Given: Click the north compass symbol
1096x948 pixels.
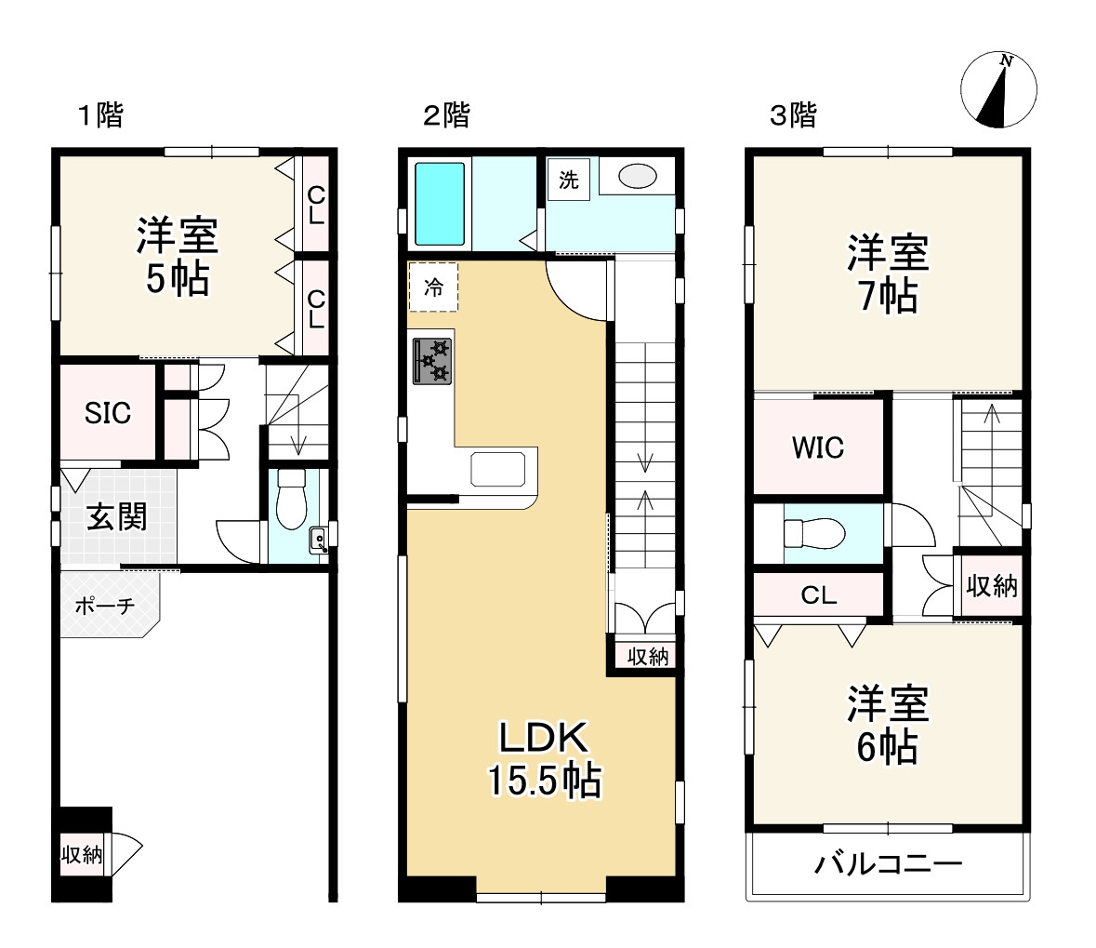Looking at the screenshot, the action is (x=998, y=89).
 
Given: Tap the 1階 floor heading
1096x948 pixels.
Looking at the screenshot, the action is (x=100, y=114).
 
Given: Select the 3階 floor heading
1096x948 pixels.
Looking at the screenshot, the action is (x=793, y=114).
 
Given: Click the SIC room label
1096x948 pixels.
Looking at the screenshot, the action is (x=108, y=413).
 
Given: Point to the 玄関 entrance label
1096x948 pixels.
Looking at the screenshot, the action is (x=117, y=518).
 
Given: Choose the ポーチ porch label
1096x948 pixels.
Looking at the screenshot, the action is (x=104, y=606).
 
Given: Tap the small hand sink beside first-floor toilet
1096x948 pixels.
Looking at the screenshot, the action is (x=318, y=541).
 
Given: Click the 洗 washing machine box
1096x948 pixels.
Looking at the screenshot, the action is (x=568, y=180).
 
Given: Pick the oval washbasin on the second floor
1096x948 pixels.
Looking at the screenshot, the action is (x=637, y=176).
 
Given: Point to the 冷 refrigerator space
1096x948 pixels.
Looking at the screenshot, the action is (x=433, y=287).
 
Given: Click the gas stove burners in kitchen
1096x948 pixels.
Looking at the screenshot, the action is (x=432, y=361).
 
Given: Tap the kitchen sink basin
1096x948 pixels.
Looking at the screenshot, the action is (x=497, y=470).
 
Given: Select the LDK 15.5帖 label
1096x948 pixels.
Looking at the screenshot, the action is (x=543, y=759).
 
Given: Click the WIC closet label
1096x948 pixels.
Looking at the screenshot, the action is (x=818, y=447).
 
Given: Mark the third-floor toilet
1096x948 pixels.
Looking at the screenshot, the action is (x=814, y=533).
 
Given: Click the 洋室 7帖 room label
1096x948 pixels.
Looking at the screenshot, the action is (x=888, y=274).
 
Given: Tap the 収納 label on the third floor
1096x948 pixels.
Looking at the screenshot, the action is (x=992, y=586).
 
